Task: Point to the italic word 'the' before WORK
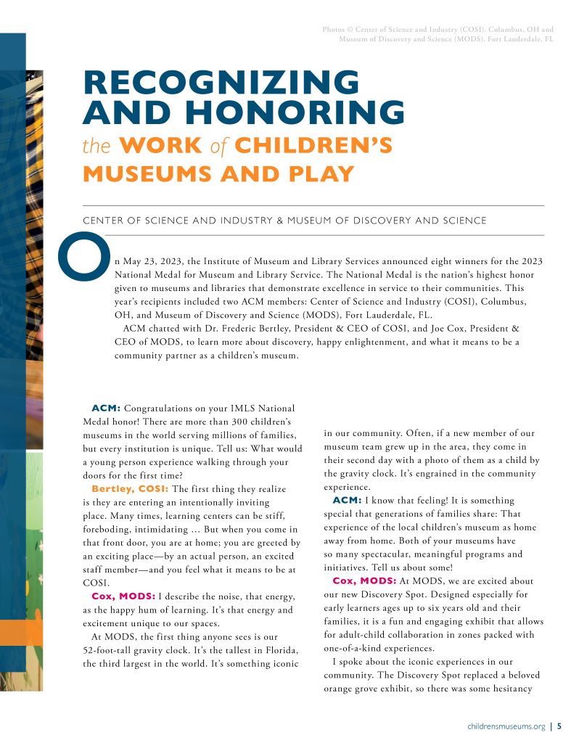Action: coord(95,146)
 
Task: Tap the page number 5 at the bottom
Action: coord(559,725)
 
